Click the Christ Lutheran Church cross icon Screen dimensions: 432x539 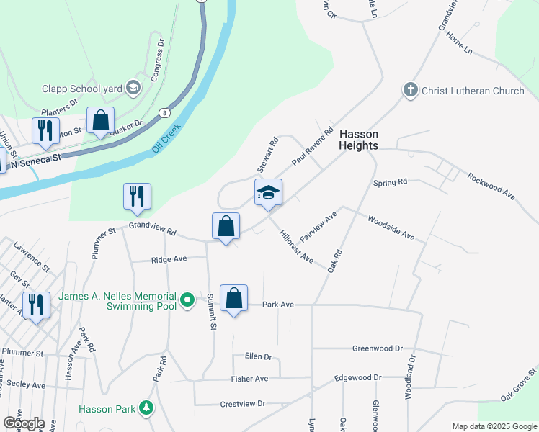(x=411, y=91)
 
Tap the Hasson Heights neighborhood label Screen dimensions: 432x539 (x=358, y=140)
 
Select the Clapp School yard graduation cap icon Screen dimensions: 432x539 (x=133, y=88)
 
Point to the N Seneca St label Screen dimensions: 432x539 (x=34, y=160)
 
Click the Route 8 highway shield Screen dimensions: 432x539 (x=166, y=113)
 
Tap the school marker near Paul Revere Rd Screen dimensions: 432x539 (x=268, y=193)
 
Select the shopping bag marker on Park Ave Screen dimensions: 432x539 (x=234, y=299)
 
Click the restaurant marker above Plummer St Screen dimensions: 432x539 (x=137, y=197)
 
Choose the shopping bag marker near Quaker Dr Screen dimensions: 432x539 (x=100, y=120)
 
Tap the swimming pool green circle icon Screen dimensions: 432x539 (x=188, y=298)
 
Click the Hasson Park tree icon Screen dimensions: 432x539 (x=147, y=408)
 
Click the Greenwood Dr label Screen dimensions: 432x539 (x=377, y=348)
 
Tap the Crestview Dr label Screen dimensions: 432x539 (x=243, y=404)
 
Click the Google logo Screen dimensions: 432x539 (x=24, y=423)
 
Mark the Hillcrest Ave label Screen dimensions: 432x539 (x=296, y=247)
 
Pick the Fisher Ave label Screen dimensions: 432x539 (x=249, y=379)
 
